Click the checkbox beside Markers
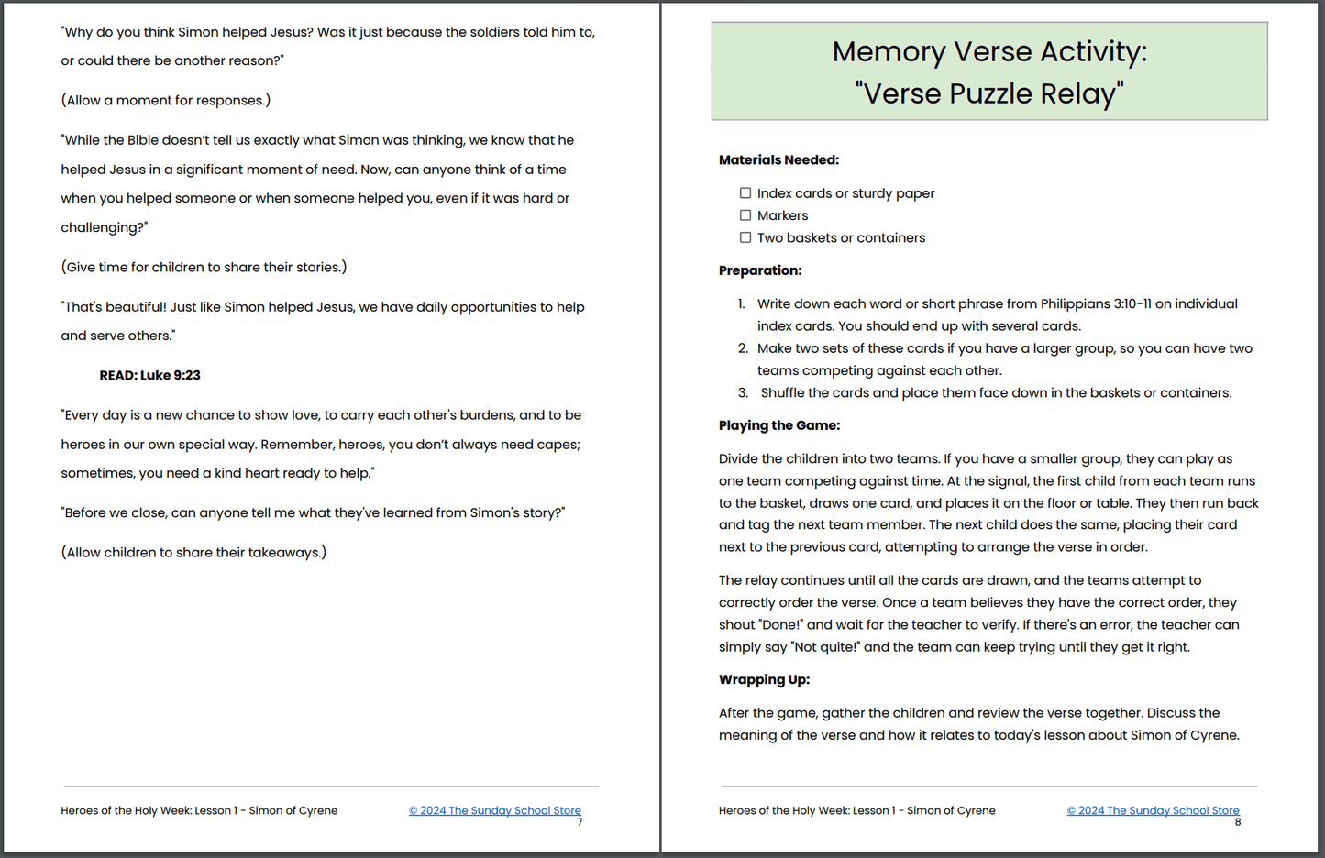point(745,215)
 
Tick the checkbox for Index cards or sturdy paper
point(745,193)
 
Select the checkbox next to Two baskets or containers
point(745,237)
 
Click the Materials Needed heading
point(778,160)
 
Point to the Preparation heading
point(760,270)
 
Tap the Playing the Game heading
point(779,425)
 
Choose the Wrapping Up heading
point(764,679)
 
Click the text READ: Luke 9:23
point(149,375)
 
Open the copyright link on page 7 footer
point(495,810)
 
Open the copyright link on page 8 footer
point(1153,810)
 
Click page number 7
point(580,822)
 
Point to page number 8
point(1238,822)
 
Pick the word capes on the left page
point(558,445)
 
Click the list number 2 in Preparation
point(743,348)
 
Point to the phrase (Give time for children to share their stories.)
point(204,267)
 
